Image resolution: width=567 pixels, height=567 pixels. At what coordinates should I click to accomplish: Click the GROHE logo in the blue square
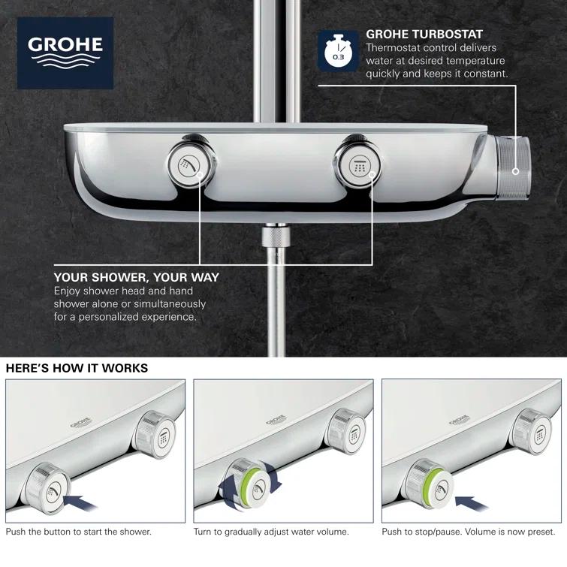[65, 53]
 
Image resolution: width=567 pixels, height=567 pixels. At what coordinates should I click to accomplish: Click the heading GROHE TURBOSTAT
[424, 34]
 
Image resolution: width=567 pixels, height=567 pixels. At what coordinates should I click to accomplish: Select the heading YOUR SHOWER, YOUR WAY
[137, 277]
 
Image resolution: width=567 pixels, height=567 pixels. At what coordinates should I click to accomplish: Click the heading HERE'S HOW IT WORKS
[77, 368]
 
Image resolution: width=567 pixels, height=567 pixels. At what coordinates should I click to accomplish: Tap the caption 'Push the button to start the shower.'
[78, 532]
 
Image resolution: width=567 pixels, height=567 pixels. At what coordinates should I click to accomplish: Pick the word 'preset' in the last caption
[538, 532]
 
